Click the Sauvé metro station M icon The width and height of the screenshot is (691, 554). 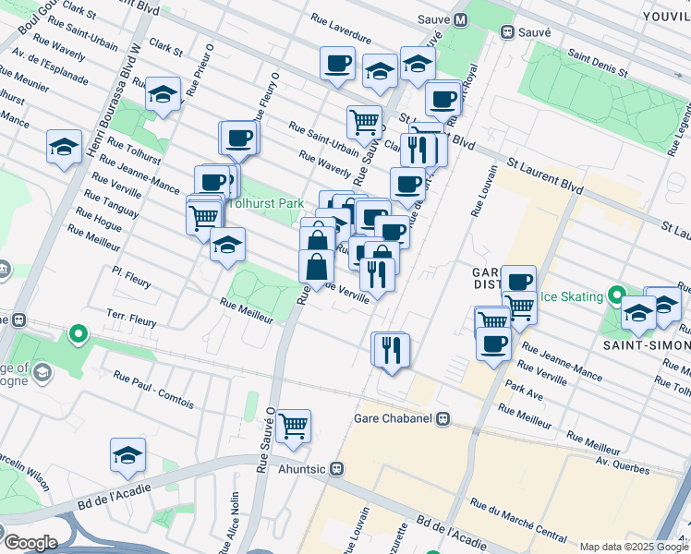coord(460,18)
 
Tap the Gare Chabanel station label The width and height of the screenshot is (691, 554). coord(393,418)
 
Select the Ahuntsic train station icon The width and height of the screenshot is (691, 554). coord(338,469)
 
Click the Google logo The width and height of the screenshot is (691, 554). coord(30,542)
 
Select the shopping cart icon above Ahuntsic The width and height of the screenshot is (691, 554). coord(293,425)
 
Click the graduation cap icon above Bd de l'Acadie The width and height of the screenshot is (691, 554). coord(127,453)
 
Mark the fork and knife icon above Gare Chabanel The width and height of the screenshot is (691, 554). coord(390,349)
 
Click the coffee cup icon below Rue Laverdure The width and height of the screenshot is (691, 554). coord(337,63)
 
